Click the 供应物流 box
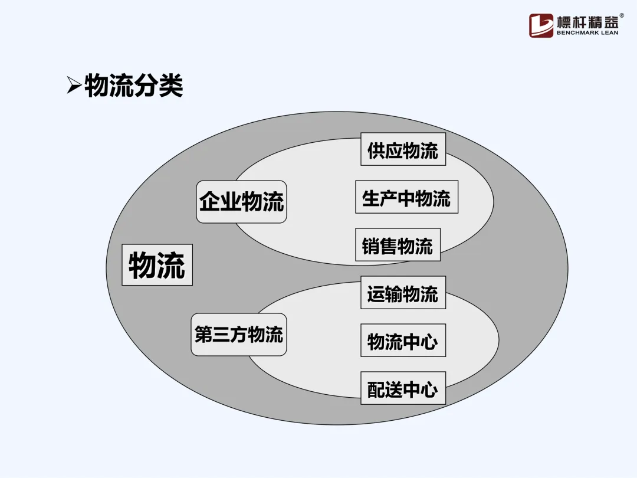click(403, 149)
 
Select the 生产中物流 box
click(406, 197)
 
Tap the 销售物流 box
click(398, 245)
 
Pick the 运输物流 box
click(403, 293)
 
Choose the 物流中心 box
click(403, 341)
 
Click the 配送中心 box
click(403, 388)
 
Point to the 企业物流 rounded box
click(241, 202)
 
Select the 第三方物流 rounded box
click(239, 335)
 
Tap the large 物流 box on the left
click(157, 265)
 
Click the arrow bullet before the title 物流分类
click(74, 86)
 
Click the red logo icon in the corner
click(541, 25)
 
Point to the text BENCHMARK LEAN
click(587, 33)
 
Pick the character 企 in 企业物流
click(210, 202)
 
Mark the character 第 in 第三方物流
click(204, 335)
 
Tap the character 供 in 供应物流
click(376, 149)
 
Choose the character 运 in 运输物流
click(376, 293)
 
